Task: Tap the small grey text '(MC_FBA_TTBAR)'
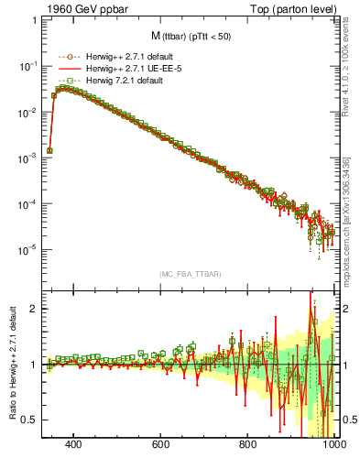(190, 274)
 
